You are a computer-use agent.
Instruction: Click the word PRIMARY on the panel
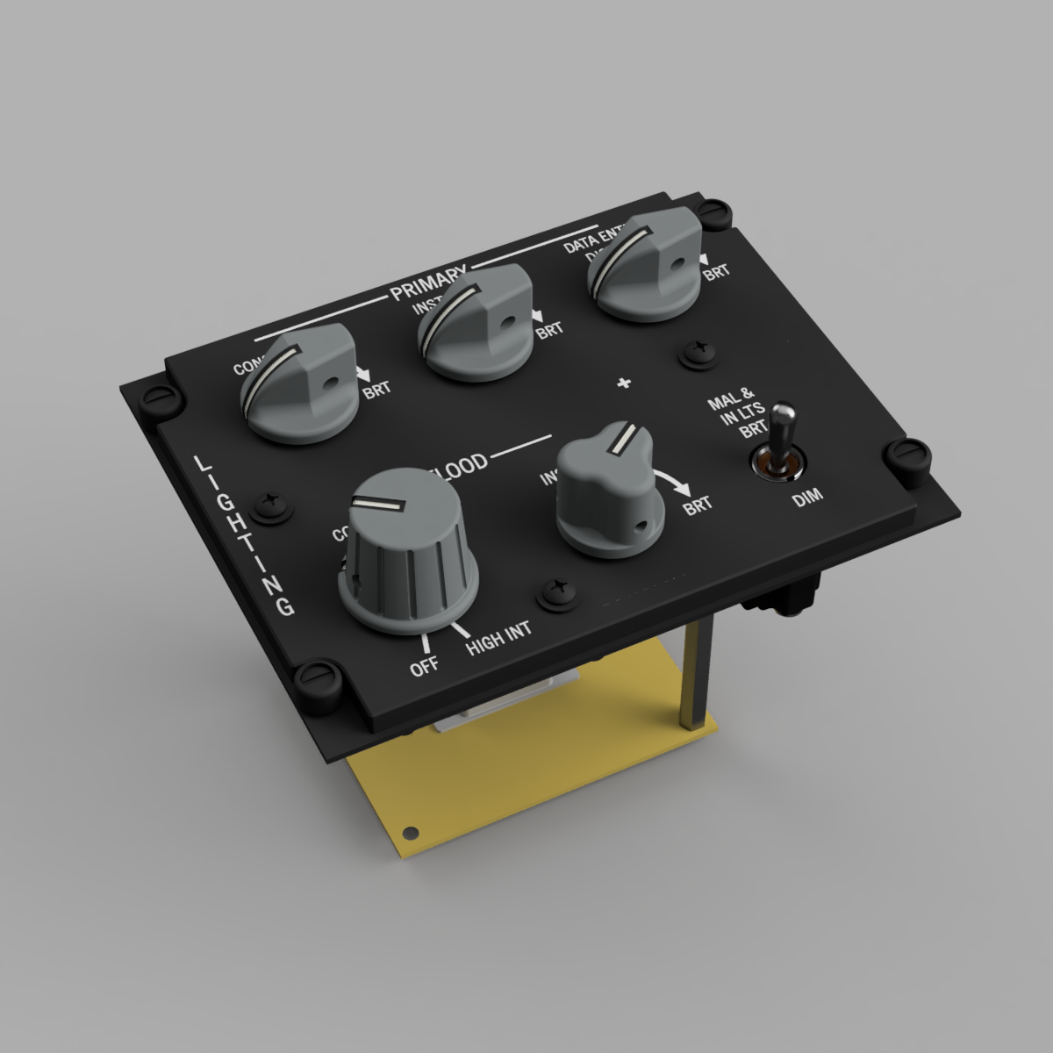click(428, 283)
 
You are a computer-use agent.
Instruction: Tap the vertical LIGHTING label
click(241, 534)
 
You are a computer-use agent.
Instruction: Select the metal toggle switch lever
click(782, 434)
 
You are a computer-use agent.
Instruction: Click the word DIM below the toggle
click(807, 501)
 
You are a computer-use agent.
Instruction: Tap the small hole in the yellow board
click(407, 832)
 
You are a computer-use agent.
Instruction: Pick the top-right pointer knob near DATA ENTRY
click(647, 263)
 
